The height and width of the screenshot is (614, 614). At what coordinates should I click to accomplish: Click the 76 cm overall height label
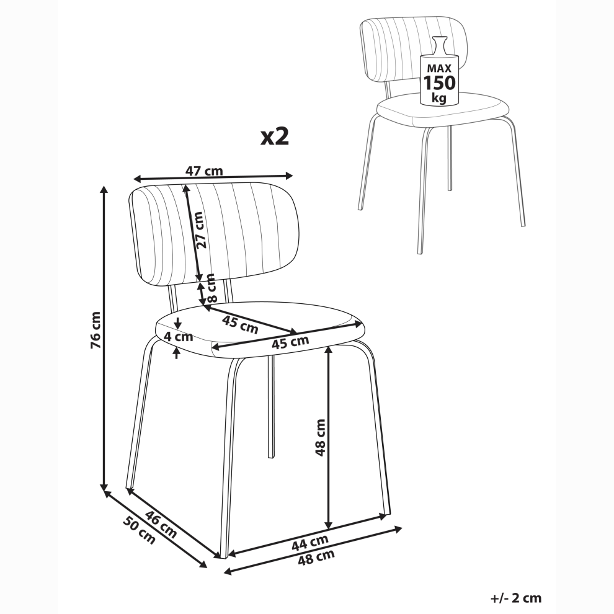click(x=96, y=330)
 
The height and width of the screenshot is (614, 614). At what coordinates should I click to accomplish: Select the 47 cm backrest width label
click(x=204, y=171)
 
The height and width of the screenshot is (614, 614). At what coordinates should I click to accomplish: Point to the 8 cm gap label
click(x=211, y=288)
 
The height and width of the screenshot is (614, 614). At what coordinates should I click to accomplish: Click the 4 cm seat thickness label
click(x=178, y=336)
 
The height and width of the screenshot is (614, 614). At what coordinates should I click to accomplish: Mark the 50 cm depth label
click(x=140, y=530)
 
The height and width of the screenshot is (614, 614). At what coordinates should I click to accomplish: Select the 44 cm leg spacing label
click(x=309, y=544)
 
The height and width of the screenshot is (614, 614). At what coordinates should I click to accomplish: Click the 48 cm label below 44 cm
click(x=316, y=557)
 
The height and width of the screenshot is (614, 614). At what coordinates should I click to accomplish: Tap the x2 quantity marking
click(x=275, y=136)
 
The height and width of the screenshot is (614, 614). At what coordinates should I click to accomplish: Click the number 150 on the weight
click(x=439, y=82)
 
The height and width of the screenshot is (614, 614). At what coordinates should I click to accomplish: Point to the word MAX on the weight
click(x=439, y=68)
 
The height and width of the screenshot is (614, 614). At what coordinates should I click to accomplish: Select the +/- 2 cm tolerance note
click(x=516, y=598)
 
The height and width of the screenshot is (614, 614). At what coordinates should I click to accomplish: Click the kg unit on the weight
click(x=439, y=97)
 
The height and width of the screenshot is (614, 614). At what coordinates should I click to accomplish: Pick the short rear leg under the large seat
click(x=270, y=407)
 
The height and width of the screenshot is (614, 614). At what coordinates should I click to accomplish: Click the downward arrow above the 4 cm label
click(x=178, y=323)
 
